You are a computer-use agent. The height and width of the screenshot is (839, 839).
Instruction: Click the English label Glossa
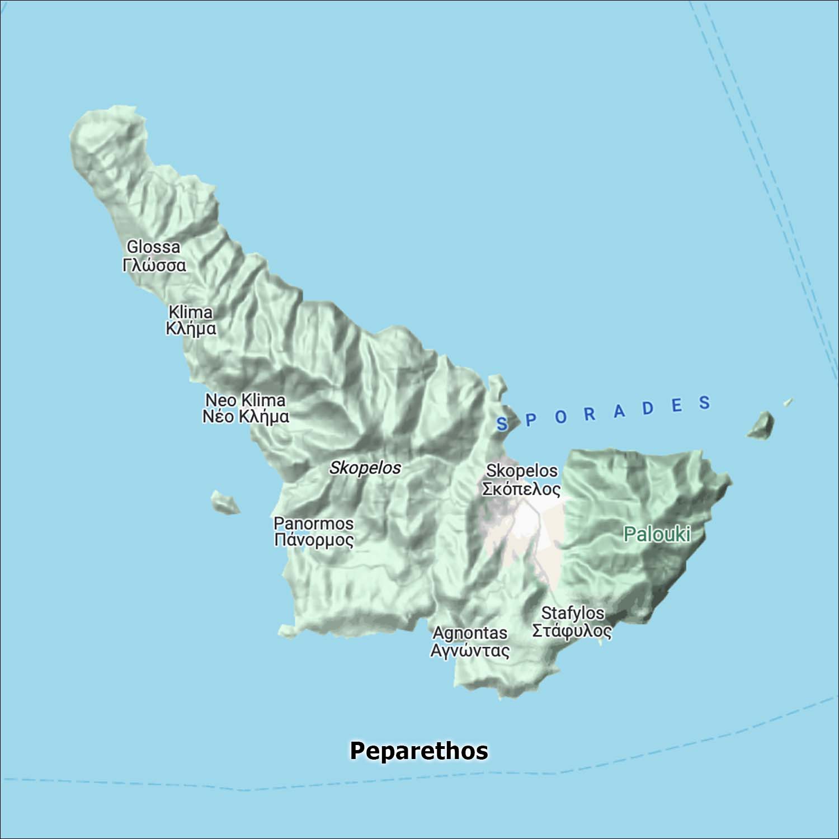coord(153,247)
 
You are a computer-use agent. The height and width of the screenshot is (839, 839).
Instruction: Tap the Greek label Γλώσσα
coord(154,265)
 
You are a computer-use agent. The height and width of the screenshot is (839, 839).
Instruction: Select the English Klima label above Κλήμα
coord(190,312)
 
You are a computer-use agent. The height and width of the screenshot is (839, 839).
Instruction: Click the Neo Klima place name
coord(246,400)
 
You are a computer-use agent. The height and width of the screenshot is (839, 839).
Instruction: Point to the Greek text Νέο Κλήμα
coord(246,417)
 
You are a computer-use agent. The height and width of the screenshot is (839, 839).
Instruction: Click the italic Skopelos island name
coord(365,468)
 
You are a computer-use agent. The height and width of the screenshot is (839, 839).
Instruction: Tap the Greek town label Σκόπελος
coord(521,489)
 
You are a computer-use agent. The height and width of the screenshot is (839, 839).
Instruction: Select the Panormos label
coord(313,524)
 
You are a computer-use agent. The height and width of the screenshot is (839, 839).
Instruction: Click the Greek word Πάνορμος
coord(314,540)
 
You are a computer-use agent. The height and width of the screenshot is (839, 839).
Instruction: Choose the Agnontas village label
coord(470,633)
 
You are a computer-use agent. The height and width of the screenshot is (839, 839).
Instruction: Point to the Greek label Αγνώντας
coord(470,651)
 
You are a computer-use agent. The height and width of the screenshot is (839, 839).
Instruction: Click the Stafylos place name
coord(573,613)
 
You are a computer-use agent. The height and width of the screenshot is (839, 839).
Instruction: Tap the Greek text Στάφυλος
coord(572,631)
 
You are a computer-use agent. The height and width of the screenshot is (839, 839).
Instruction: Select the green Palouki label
coord(657,534)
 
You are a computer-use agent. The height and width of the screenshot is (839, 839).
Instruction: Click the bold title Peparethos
coord(419,751)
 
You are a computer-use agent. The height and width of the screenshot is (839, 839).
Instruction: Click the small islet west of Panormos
coord(225,502)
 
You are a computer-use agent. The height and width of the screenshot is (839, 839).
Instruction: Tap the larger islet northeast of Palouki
coord(761,426)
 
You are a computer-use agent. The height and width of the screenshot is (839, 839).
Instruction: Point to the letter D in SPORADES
coord(648,408)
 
